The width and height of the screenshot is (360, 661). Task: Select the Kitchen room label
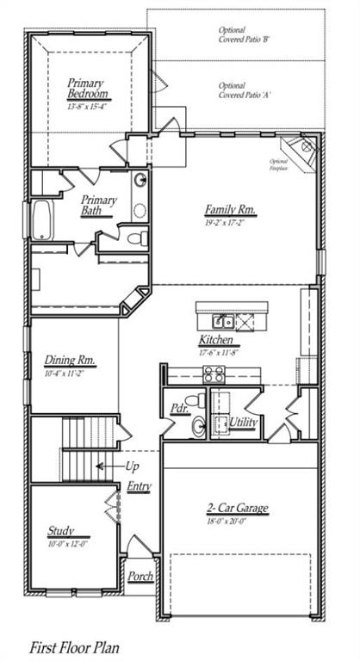216,341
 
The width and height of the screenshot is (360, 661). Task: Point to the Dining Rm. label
70,361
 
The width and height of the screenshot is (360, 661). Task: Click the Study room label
61,531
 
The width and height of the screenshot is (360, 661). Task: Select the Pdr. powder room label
180,409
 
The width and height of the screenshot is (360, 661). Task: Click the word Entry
140,486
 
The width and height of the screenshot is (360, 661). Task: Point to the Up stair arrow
107,466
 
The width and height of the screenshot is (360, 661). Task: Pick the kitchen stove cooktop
213,374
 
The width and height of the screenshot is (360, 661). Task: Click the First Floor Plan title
75,646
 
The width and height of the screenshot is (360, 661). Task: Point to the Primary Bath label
99,205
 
